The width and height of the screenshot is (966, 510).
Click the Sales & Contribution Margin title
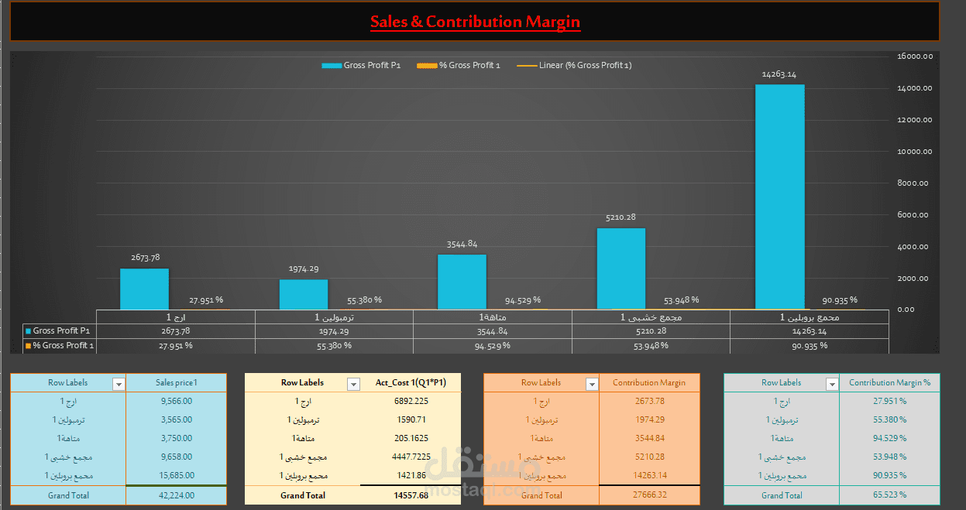pyautogui.click(x=475, y=22)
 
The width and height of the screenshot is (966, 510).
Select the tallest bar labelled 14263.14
pyautogui.click(x=779, y=197)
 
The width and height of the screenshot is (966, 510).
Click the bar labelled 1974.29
pyautogui.click(x=304, y=295)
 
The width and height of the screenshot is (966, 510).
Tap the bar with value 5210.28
pyautogui.click(x=621, y=269)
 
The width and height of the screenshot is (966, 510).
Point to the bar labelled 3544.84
pyautogui.click(x=462, y=282)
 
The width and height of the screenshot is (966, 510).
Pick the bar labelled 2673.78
pyautogui.click(x=144, y=289)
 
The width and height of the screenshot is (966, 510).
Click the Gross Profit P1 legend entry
pyautogui.click(x=361, y=65)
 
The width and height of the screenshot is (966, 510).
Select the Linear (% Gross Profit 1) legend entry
pyautogui.click(x=574, y=65)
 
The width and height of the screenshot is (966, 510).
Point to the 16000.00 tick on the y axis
pyautogui.click(x=915, y=56)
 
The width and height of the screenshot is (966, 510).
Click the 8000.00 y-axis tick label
pyautogui.click(x=915, y=183)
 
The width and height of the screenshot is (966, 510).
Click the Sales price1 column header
pyautogui.click(x=176, y=382)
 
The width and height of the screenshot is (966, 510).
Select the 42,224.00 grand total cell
pyautogui.click(x=176, y=495)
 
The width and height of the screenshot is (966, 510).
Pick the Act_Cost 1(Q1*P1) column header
pyautogui.click(x=411, y=382)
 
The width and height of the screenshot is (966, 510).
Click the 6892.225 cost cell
pyautogui.click(x=411, y=401)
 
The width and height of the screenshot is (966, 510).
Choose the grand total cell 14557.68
pyautogui.click(x=411, y=495)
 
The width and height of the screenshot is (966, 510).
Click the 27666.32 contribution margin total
pyautogui.click(x=648, y=495)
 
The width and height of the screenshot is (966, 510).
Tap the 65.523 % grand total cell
pyautogui.click(x=889, y=495)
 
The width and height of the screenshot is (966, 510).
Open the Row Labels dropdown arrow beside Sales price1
pyautogui.click(x=119, y=384)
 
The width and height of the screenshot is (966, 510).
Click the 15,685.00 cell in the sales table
pyautogui.click(x=176, y=475)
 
